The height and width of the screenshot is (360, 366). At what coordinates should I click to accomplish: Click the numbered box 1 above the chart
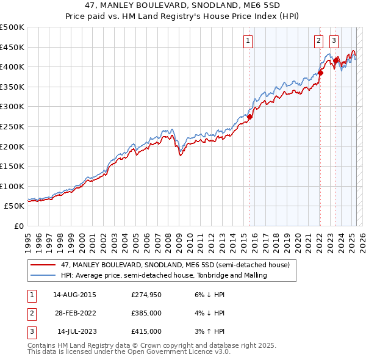(x=249, y=41)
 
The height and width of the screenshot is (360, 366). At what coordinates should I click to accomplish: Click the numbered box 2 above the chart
(x=318, y=41)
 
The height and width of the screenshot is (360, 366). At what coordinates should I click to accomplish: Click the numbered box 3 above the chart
(x=334, y=41)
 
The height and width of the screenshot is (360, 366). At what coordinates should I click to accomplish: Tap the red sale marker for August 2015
(x=249, y=117)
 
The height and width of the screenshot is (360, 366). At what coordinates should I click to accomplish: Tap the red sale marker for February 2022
(x=320, y=73)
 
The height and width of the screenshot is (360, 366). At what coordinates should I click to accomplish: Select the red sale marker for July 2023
(x=335, y=60)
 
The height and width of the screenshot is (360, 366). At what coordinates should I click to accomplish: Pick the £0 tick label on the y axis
(x=18, y=226)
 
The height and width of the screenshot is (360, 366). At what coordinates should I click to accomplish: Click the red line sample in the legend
(x=43, y=265)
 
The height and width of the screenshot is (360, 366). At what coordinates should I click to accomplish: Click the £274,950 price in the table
(x=146, y=295)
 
